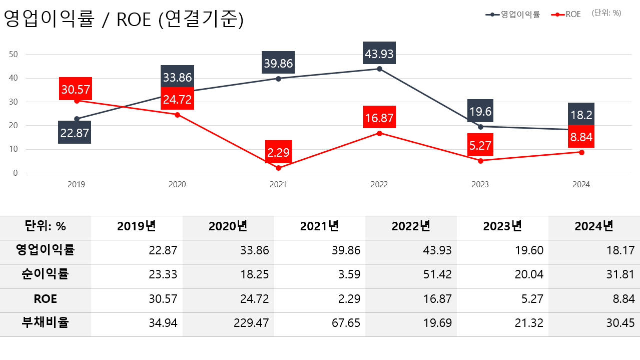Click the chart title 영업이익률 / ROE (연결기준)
pyautogui.click(x=124, y=20)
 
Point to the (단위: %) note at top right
pyautogui.click(x=606, y=13)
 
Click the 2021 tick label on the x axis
pyautogui.click(x=278, y=184)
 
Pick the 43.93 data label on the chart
pyautogui.click(x=379, y=53)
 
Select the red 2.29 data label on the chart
pyautogui.click(x=278, y=152)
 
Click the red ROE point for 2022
pyautogui.click(x=379, y=133)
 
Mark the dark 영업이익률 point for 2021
pyautogui.click(x=278, y=79)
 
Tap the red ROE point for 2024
pyautogui.click(x=581, y=152)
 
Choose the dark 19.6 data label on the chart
pyautogui.click(x=480, y=111)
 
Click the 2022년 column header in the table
pyautogui.click(x=411, y=226)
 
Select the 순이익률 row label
pyautogui.click(x=45, y=274)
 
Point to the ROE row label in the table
pyautogui.click(x=45, y=299)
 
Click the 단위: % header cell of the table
pyautogui.click(x=45, y=226)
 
